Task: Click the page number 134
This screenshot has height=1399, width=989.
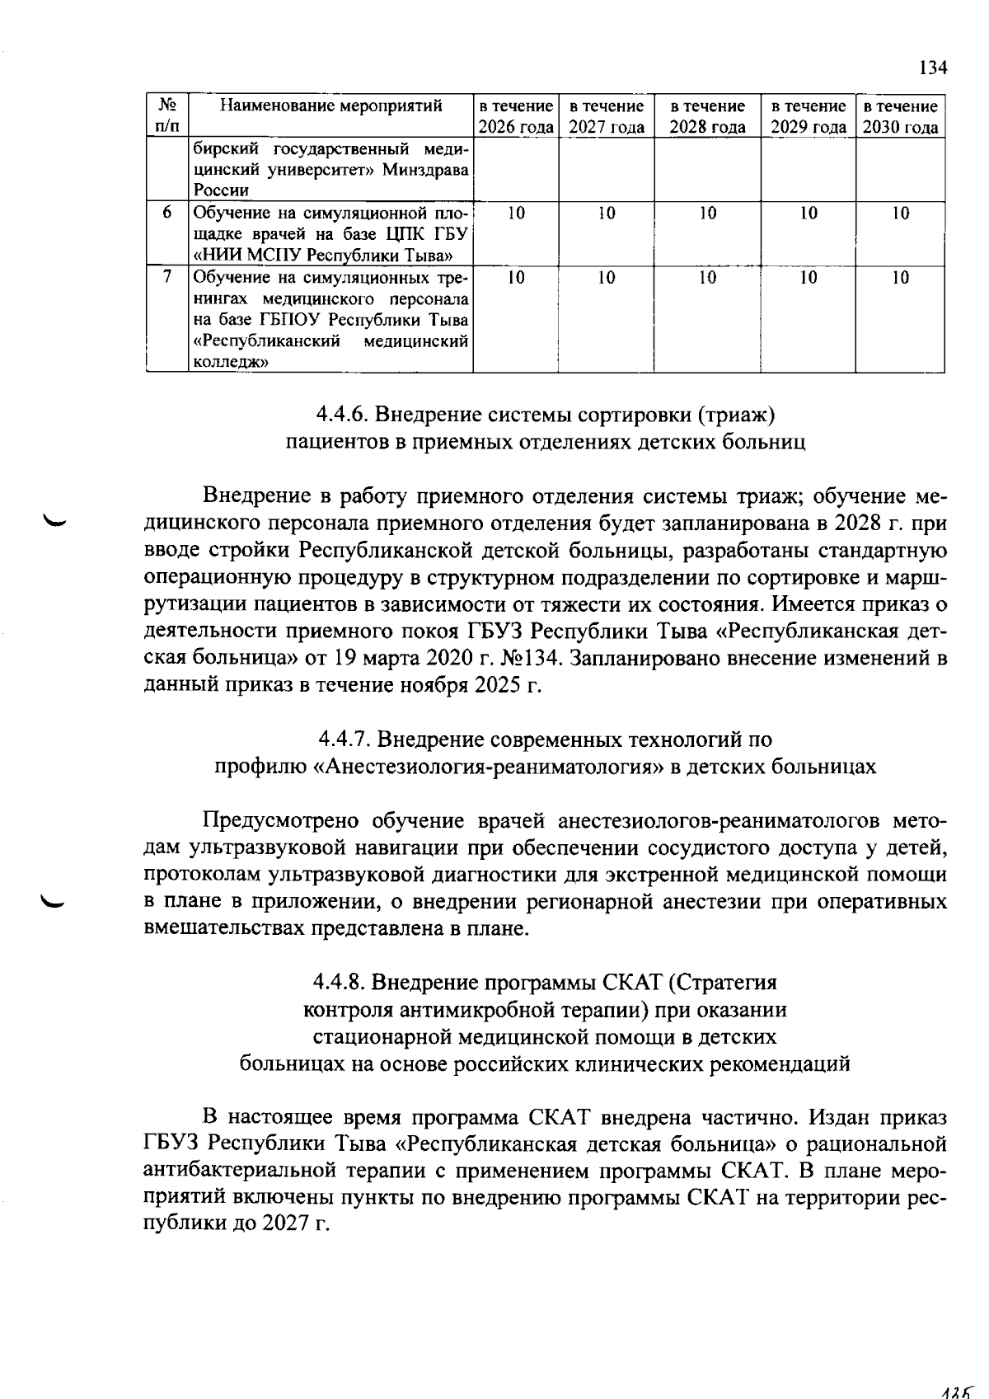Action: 932,68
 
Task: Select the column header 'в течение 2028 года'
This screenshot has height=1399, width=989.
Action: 707,116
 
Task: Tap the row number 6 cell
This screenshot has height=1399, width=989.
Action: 167,213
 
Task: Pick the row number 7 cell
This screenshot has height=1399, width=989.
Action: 167,277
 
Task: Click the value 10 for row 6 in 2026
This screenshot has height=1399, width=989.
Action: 516,213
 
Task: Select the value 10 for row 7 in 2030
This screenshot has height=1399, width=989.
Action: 900,278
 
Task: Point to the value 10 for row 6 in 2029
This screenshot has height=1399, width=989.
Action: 809,213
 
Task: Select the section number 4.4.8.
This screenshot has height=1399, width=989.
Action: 339,982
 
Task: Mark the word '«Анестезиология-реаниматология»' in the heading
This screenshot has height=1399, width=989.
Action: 489,766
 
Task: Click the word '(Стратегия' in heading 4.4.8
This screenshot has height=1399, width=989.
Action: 723,982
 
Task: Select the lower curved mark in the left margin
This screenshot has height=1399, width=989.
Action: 59,904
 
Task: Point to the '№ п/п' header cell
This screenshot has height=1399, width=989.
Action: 167,116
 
